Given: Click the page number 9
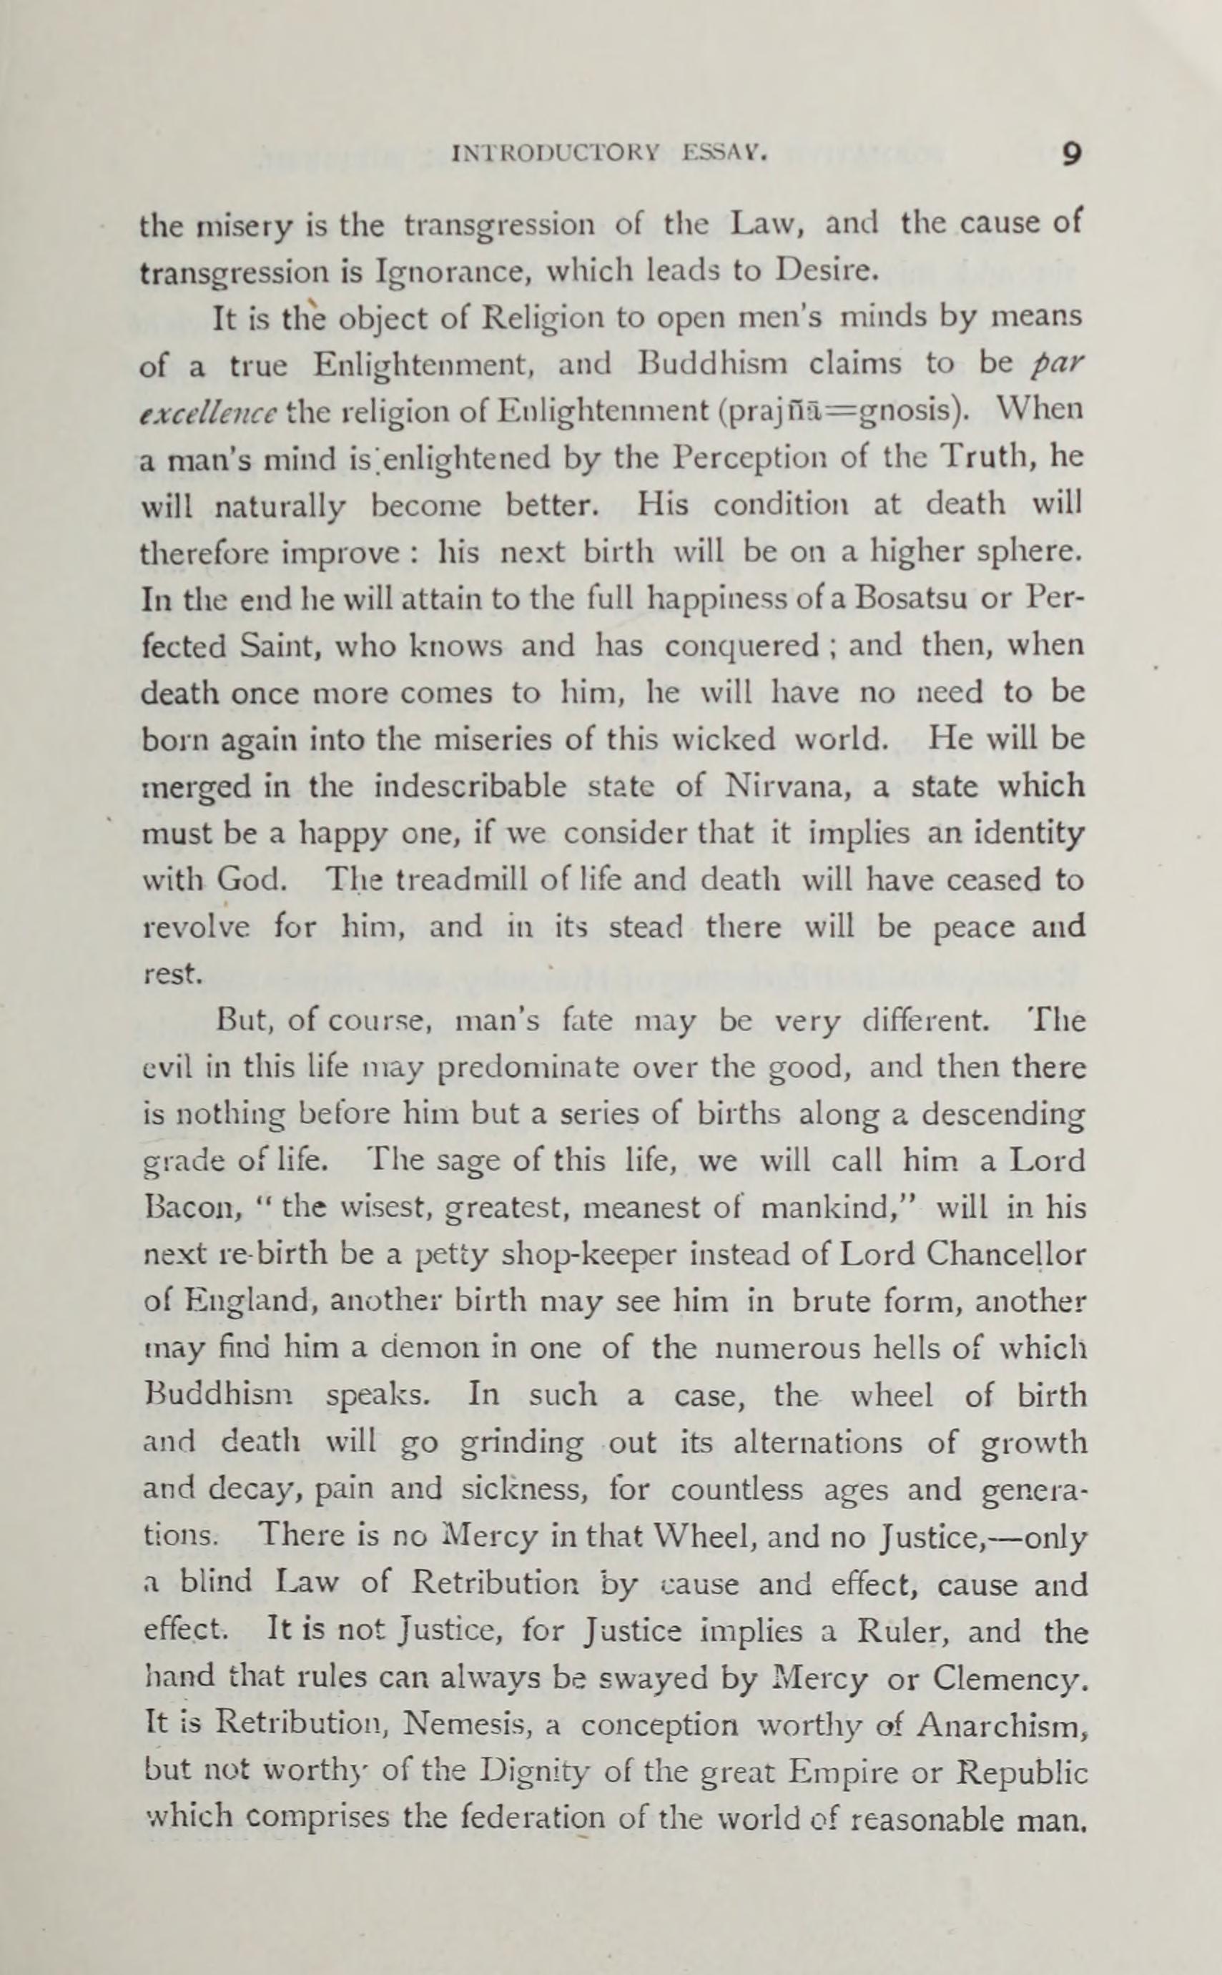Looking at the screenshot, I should pos(1072,153).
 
